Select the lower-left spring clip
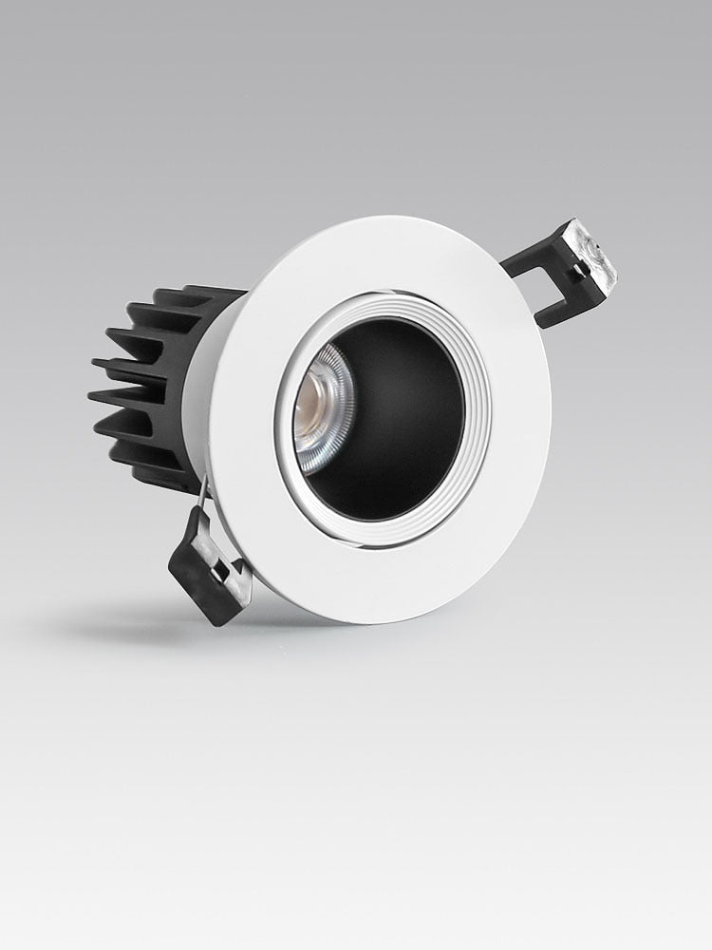[x=209, y=565]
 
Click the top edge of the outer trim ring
[x=399, y=221]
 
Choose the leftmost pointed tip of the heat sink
[x=92, y=363]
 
